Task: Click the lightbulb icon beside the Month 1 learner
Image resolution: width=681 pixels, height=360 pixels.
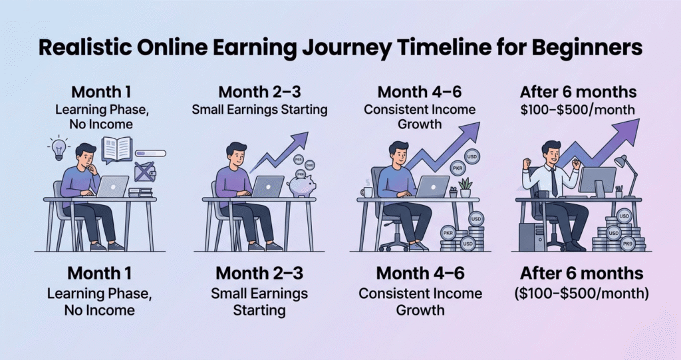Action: click(x=59, y=147)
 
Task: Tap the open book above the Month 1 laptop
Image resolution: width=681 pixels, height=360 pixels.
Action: click(x=118, y=149)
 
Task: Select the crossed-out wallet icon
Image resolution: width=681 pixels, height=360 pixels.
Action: click(x=144, y=172)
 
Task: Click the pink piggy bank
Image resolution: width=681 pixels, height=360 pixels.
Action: click(x=301, y=186)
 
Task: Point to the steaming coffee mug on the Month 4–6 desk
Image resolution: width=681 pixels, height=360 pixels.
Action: click(x=366, y=192)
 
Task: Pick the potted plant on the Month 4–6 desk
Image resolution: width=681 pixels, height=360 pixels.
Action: click(x=465, y=187)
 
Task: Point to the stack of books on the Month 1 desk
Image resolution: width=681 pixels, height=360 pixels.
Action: click(x=140, y=192)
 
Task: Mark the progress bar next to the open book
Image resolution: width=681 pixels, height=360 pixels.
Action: click(x=151, y=154)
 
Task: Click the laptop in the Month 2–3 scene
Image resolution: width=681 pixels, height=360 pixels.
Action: click(x=267, y=186)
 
